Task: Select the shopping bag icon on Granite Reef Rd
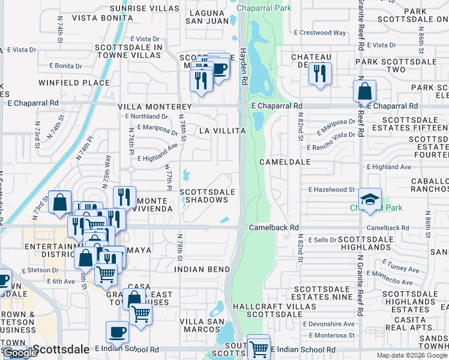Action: [364, 92]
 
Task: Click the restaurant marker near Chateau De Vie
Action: [319, 73]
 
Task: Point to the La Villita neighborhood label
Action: [223, 130]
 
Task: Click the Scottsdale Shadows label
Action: [208, 196]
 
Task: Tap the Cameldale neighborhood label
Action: [285, 162]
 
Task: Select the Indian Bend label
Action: [202, 269]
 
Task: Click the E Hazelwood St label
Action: [331, 190]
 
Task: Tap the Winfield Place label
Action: [74, 83]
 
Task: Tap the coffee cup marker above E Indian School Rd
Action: [117, 332]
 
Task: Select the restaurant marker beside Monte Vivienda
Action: [124, 196]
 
